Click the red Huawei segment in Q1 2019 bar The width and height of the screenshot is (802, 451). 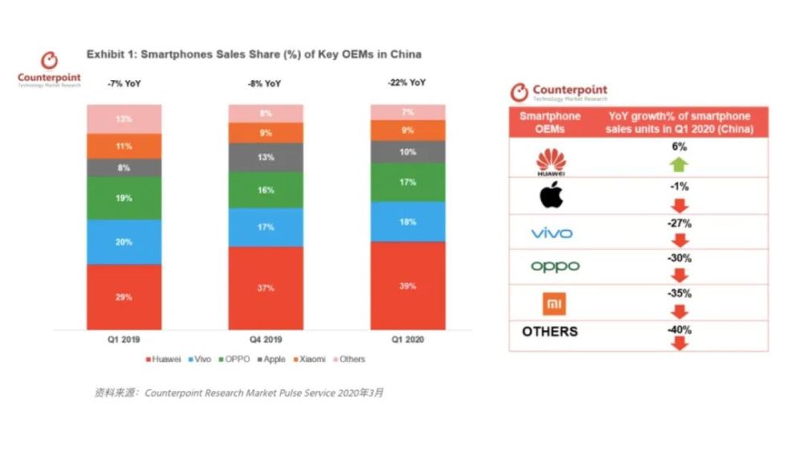[x=124, y=296]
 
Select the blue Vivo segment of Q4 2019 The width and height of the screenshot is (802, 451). [x=265, y=227]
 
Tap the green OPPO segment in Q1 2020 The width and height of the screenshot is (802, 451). [x=407, y=182]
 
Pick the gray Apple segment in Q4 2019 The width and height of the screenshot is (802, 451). [x=265, y=157]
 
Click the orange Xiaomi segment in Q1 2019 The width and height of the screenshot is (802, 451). [x=124, y=146]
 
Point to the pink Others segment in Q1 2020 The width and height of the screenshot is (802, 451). [x=407, y=112]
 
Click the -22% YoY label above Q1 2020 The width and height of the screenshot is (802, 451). [x=407, y=83]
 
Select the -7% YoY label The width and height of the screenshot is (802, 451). [x=124, y=83]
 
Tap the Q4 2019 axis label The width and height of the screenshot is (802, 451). [x=265, y=340]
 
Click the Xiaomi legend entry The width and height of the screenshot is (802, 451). [x=308, y=359]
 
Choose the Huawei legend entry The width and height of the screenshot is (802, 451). [x=164, y=359]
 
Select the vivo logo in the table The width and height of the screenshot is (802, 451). [x=551, y=233]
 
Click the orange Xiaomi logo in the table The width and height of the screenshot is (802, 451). [x=550, y=304]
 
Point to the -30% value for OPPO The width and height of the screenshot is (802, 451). [x=678, y=259]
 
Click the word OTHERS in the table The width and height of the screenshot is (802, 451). [x=550, y=331]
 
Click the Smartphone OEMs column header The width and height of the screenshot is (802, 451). [x=550, y=123]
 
